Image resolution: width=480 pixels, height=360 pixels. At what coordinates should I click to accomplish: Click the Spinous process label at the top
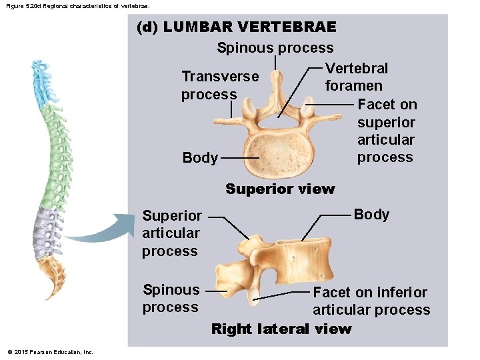pos(275,48)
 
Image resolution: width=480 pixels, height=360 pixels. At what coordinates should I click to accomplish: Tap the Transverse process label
pos(219,86)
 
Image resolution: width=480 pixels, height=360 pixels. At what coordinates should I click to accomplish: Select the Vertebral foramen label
pos(355,77)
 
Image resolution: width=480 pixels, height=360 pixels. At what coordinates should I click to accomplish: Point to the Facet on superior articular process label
pos(387,131)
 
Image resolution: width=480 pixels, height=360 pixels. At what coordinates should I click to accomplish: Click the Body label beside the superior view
pos(200,158)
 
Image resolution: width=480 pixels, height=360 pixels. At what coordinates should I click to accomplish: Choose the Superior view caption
pos(280,189)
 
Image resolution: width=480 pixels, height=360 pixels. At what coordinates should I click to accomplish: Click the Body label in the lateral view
pos(371,214)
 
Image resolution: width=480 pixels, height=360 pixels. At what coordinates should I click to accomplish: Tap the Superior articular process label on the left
pos(171,233)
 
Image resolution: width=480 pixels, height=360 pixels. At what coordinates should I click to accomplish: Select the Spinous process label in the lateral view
pos(171,298)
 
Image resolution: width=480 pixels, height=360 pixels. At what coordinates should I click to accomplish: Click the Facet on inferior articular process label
pos(371,301)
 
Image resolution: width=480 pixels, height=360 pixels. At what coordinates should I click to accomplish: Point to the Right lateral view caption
pos(281,329)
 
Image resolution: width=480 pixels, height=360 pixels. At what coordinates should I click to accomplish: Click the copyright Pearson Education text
pos(50,352)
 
